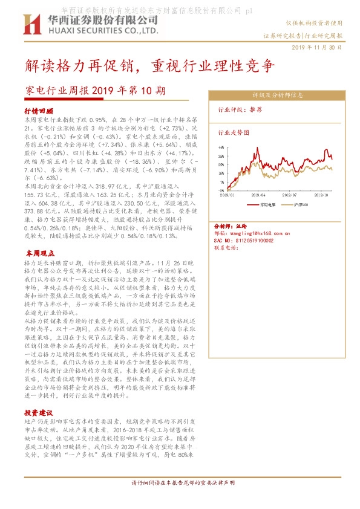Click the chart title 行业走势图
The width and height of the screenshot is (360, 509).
(229, 132)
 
